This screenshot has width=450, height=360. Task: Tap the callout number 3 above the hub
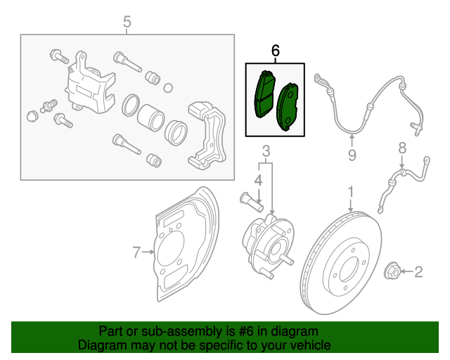pyautogui.click(x=266, y=150)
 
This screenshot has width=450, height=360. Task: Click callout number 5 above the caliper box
pyautogui.click(x=127, y=22)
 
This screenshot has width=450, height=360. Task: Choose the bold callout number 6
pyautogui.click(x=275, y=51)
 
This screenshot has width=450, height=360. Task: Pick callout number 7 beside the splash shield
pyautogui.click(x=137, y=250)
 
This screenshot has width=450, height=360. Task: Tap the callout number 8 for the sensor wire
pyautogui.click(x=402, y=148)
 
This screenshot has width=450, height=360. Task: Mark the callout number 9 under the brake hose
pyautogui.click(x=352, y=154)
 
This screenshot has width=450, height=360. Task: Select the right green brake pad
pyautogui.click(x=288, y=108)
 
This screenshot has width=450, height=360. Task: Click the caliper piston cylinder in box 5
pyautogui.click(x=150, y=117)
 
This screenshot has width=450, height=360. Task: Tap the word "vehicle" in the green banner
pyautogui.click(x=310, y=346)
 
